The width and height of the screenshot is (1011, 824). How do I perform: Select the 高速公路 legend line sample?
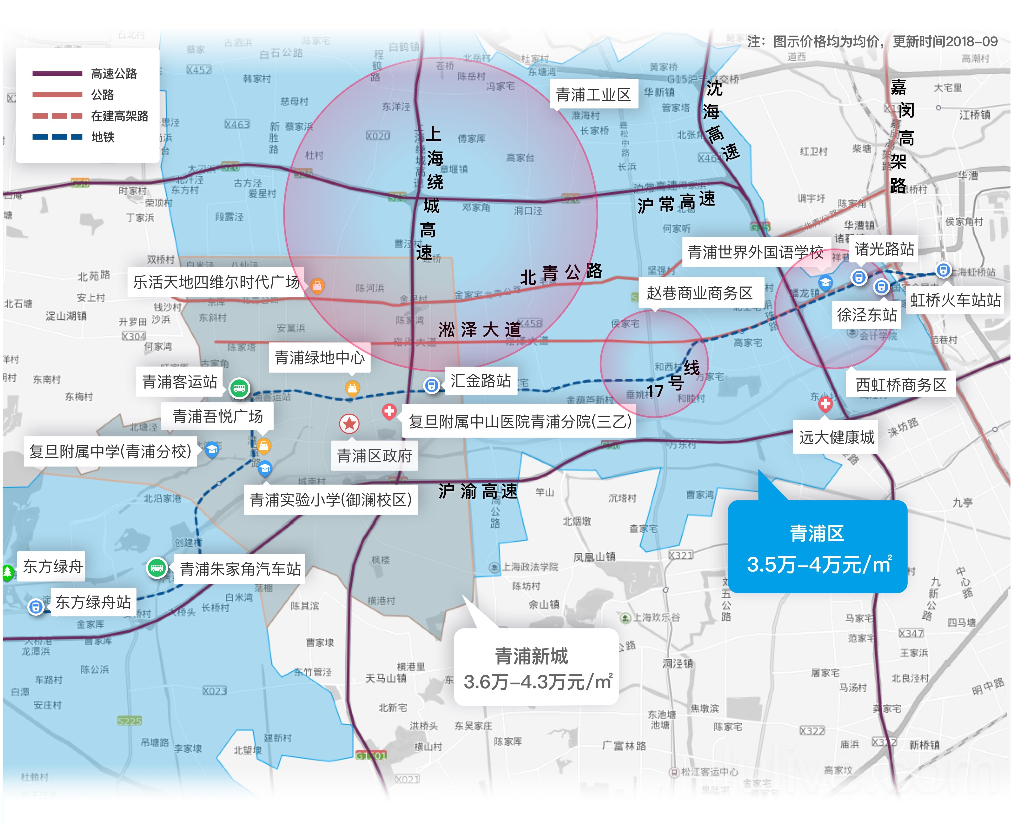pyautogui.click(x=57, y=73)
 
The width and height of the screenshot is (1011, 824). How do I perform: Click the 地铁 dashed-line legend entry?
pyautogui.click(x=57, y=137)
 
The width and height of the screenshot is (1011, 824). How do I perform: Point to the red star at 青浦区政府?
pyautogui.click(x=349, y=423)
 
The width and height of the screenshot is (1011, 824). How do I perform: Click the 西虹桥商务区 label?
pyautogui.click(x=901, y=384)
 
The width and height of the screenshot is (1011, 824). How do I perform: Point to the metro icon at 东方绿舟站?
pyautogui.click(x=36, y=607)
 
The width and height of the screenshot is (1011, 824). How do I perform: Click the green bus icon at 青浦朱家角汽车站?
pyautogui.click(x=157, y=568)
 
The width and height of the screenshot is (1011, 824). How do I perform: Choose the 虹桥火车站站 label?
pyautogui.click(x=955, y=300)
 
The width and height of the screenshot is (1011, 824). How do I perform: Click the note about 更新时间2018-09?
pyautogui.click(x=872, y=42)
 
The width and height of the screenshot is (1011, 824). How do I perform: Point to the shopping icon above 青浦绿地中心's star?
pyautogui.click(x=352, y=388)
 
